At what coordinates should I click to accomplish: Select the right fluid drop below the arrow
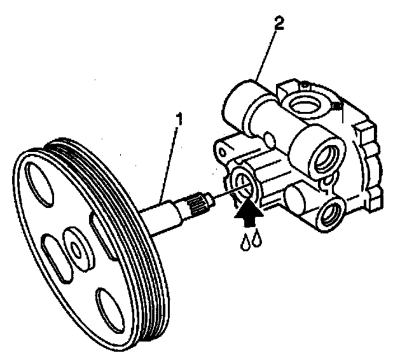click(x=256, y=239)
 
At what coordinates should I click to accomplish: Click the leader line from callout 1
click(x=171, y=159)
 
